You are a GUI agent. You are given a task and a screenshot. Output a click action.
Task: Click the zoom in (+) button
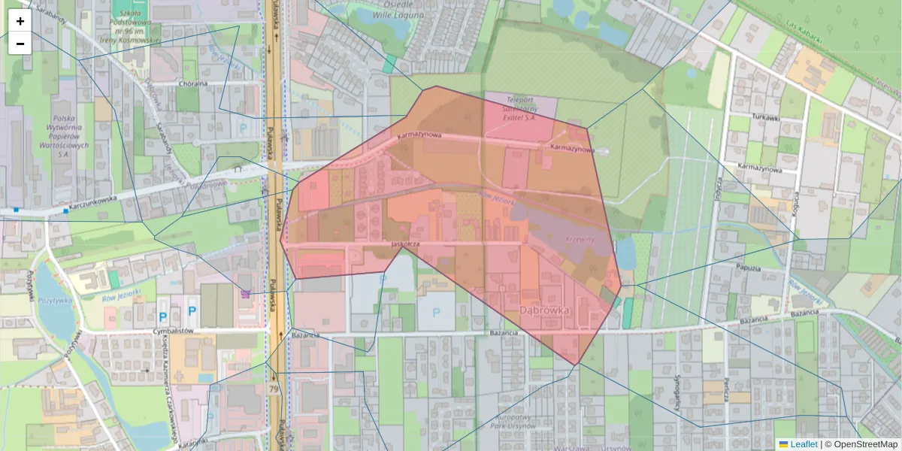click(x=20, y=21)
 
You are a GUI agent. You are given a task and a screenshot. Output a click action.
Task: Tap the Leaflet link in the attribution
click(x=798, y=444)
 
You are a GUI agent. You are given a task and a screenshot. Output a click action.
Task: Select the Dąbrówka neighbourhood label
click(x=545, y=310)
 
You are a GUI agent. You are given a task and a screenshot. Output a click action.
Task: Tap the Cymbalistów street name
click(x=174, y=330)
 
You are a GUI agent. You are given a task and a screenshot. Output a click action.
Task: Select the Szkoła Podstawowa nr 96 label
click(x=135, y=25)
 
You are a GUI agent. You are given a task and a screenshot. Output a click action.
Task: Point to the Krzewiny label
click(x=580, y=238)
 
